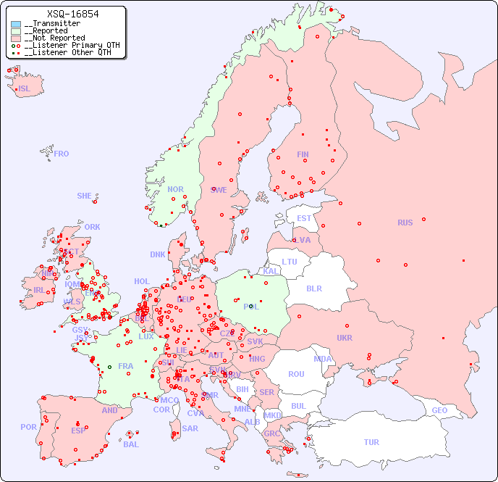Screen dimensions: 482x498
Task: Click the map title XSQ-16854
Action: (x=72, y=14)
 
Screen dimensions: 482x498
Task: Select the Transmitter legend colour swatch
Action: (x=16, y=24)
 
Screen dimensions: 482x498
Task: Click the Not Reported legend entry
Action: (x=54, y=38)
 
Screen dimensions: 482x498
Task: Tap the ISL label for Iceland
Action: (x=25, y=89)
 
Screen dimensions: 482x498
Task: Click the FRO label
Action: (x=62, y=154)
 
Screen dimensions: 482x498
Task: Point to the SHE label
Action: (x=84, y=196)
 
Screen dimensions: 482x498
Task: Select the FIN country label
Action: (x=303, y=154)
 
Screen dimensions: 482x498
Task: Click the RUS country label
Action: (x=405, y=223)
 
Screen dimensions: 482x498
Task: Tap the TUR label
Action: (x=371, y=442)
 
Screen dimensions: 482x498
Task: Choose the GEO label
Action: (x=439, y=410)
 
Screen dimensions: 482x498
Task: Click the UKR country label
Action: (x=345, y=338)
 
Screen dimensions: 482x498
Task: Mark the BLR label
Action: (x=313, y=288)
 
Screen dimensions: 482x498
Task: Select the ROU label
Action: (x=296, y=374)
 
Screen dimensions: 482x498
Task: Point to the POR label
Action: (x=28, y=427)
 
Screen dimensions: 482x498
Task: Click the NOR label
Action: (x=175, y=189)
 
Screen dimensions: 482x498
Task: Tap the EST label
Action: (x=304, y=218)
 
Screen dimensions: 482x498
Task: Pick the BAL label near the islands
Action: (x=131, y=444)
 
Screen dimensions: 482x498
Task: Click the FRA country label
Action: (x=126, y=366)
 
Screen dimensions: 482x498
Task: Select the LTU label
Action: (x=290, y=262)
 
